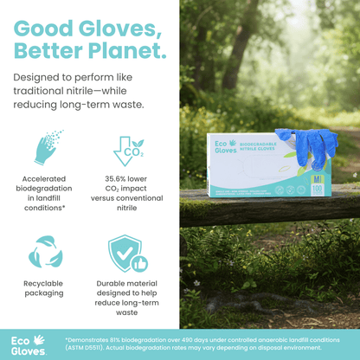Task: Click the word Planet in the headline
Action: pos(128,50)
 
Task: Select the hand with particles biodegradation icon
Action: pos(49,147)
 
